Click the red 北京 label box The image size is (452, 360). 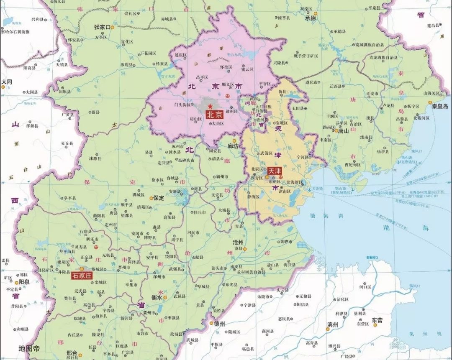click(214, 115)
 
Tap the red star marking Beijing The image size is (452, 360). click(210, 107)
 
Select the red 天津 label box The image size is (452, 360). click(275, 171)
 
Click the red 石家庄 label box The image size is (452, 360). click(82, 275)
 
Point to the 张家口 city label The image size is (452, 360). click(102, 27)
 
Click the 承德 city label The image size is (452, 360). click(310, 18)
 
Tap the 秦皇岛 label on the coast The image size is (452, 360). click(440, 106)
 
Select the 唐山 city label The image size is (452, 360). click(343, 130)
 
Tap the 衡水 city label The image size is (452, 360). click(157, 298)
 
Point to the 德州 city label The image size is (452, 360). click(219, 324)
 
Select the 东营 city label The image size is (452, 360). click(378, 319)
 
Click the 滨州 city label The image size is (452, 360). click(333, 324)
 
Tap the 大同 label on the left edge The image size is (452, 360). click(6, 82)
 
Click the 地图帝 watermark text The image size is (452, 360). click(29, 348)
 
